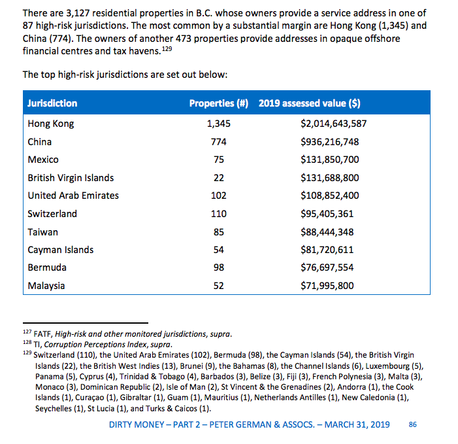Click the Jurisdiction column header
point(52,103)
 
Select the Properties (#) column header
point(219,103)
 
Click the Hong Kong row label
point(51,124)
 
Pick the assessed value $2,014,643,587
point(333,124)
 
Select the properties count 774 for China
point(218,142)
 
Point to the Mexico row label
point(43,160)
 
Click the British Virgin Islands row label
point(71,178)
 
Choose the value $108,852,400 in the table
point(330,196)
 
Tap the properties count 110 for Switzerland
point(218,214)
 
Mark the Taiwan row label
point(42,232)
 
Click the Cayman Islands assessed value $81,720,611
point(327,250)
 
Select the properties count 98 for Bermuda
point(218,268)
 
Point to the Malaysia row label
point(46,286)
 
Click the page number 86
point(412,424)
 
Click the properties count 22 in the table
point(218,178)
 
